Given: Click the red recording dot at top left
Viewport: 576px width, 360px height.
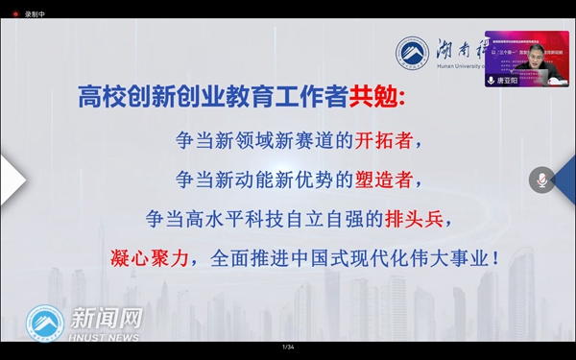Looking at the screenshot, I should (x=15, y=14).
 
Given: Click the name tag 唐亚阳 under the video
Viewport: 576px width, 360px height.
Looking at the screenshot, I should (x=509, y=83).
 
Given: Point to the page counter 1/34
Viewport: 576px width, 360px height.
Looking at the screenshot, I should (x=288, y=347).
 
